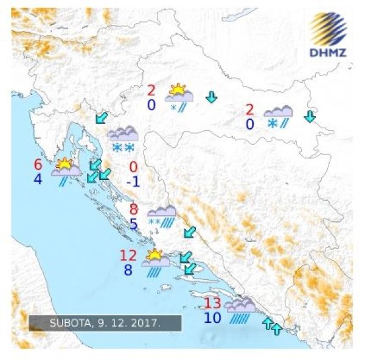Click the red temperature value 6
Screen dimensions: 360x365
(x=38, y=165)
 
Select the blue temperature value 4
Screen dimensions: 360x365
(x=38, y=179)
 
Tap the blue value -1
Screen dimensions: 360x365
(x=133, y=181)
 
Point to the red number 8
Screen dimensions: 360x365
(x=134, y=210)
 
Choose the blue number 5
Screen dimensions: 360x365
(x=134, y=224)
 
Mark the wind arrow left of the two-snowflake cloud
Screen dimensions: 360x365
(x=101, y=117)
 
